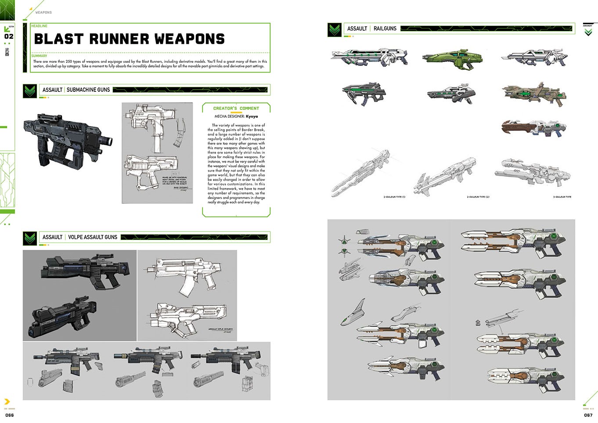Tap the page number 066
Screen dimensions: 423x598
pyautogui.click(x=10, y=415)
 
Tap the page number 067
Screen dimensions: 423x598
pyautogui.click(x=588, y=415)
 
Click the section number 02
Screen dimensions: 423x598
pyautogui.click(x=9, y=36)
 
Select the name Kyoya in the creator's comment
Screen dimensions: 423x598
pyautogui.click(x=252, y=116)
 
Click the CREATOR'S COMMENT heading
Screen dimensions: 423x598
pyautogui.click(x=236, y=108)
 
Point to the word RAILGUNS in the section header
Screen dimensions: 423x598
pyautogui.click(x=385, y=29)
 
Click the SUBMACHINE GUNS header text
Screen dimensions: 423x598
pyautogui.click(x=88, y=90)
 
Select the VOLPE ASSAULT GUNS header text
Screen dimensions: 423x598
pyautogui.click(x=93, y=237)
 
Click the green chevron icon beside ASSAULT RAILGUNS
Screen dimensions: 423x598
pyautogui.click(x=335, y=29)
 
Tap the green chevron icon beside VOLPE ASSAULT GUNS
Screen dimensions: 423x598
pyautogui.click(x=30, y=238)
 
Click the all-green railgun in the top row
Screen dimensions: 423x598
pyautogui.click(x=452, y=58)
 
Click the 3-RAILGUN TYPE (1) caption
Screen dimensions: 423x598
pyautogui.click(x=394, y=197)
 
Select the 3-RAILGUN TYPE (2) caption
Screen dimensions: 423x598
pyautogui.click(x=478, y=197)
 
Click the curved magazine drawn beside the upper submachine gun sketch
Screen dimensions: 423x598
pyautogui.click(x=180, y=134)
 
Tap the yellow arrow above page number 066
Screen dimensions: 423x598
pyautogui.click(x=7, y=401)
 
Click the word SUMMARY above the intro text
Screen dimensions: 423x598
pyautogui.click(x=39, y=56)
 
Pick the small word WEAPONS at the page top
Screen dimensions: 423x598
pyautogui.click(x=43, y=12)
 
